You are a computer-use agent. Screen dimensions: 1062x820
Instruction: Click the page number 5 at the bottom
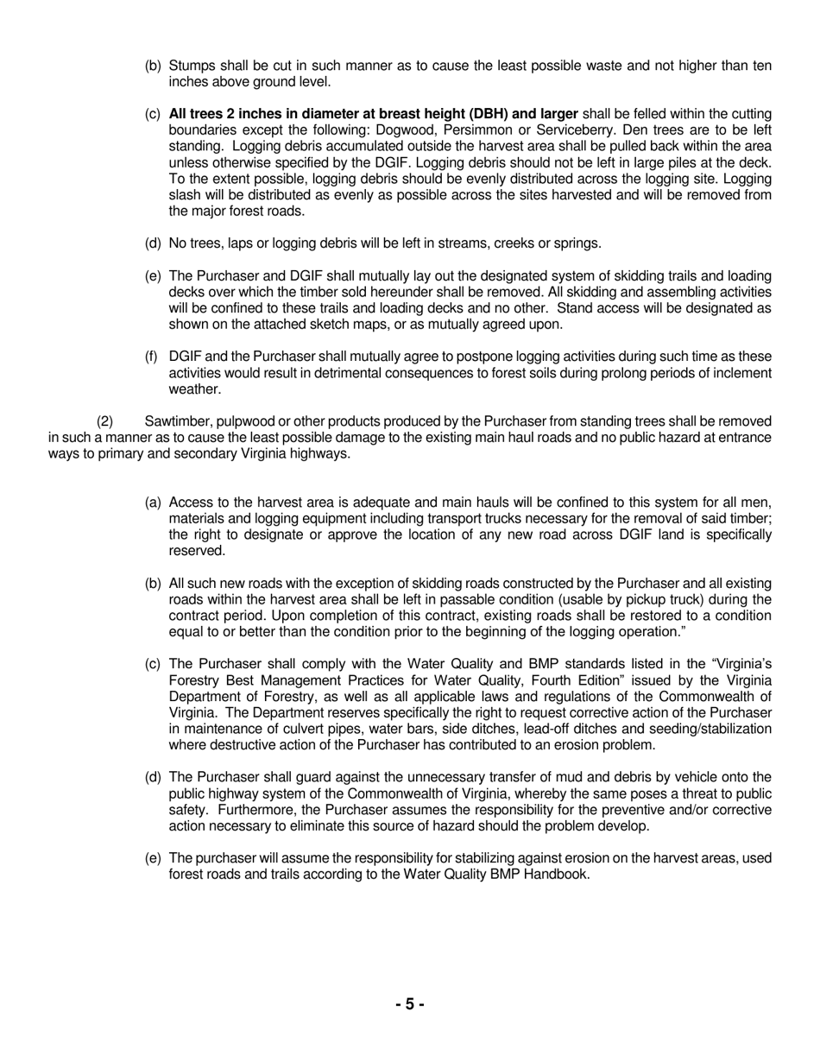pyautogui.click(x=409, y=1004)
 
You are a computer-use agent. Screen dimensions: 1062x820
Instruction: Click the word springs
pyautogui.click(x=573, y=243)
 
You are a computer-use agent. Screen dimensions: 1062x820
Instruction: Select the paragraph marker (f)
pyautogui.click(x=153, y=357)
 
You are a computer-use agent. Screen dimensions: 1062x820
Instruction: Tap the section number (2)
pyautogui.click(x=105, y=421)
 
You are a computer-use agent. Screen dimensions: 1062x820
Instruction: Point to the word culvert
pyautogui.click(x=298, y=729)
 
